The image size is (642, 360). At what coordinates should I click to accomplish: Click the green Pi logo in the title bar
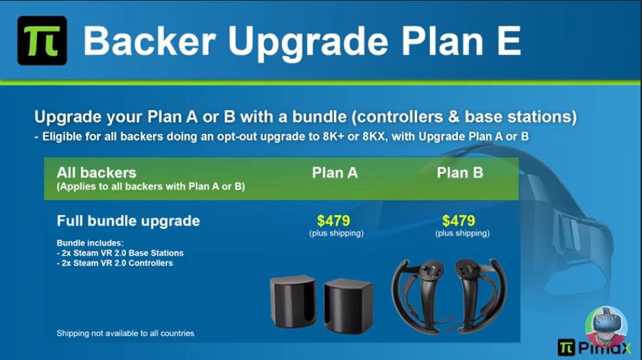click(42, 41)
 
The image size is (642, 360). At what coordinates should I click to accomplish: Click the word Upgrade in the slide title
click(307, 42)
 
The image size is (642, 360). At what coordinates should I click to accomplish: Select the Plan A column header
click(335, 173)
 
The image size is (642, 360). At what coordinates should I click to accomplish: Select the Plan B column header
click(460, 173)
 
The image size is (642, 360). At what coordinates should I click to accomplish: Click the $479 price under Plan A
click(334, 221)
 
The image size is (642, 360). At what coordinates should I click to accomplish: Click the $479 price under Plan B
click(458, 221)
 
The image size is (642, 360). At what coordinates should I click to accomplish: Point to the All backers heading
click(97, 173)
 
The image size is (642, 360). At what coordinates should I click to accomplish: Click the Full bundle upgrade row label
click(128, 221)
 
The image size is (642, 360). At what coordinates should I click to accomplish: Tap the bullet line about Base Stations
click(120, 253)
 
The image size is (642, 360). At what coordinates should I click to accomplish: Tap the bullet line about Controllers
click(115, 263)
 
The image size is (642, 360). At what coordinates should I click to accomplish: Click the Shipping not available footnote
click(125, 334)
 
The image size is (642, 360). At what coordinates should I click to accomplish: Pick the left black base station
click(293, 302)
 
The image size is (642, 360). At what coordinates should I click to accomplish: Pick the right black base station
click(349, 306)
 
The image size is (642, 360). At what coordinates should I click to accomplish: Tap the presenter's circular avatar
click(606, 327)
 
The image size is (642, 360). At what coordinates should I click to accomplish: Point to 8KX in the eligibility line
click(374, 136)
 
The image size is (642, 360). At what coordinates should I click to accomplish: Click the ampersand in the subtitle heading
click(453, 117)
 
